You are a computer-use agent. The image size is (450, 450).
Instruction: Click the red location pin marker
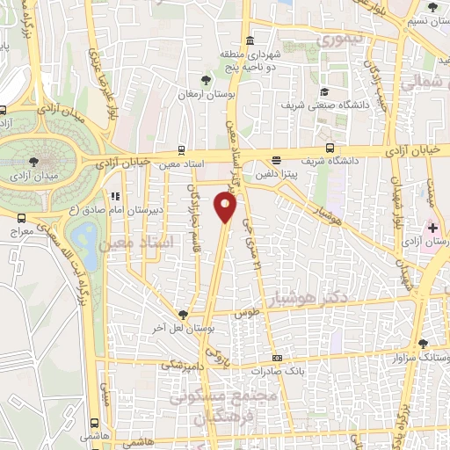tap(227, 207)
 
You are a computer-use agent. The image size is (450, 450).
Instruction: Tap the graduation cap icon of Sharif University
tap(324, 91)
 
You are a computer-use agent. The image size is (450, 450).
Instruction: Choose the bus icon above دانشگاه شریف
tap(330, 148)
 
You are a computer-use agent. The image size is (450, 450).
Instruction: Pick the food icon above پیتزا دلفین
tap(277, 160)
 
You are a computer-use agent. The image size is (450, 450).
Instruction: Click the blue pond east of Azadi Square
tap(86, 236)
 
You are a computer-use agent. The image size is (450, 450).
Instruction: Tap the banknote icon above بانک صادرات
tap(278, 359)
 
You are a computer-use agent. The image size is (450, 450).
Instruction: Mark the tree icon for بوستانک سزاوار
tap(423, 344)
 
